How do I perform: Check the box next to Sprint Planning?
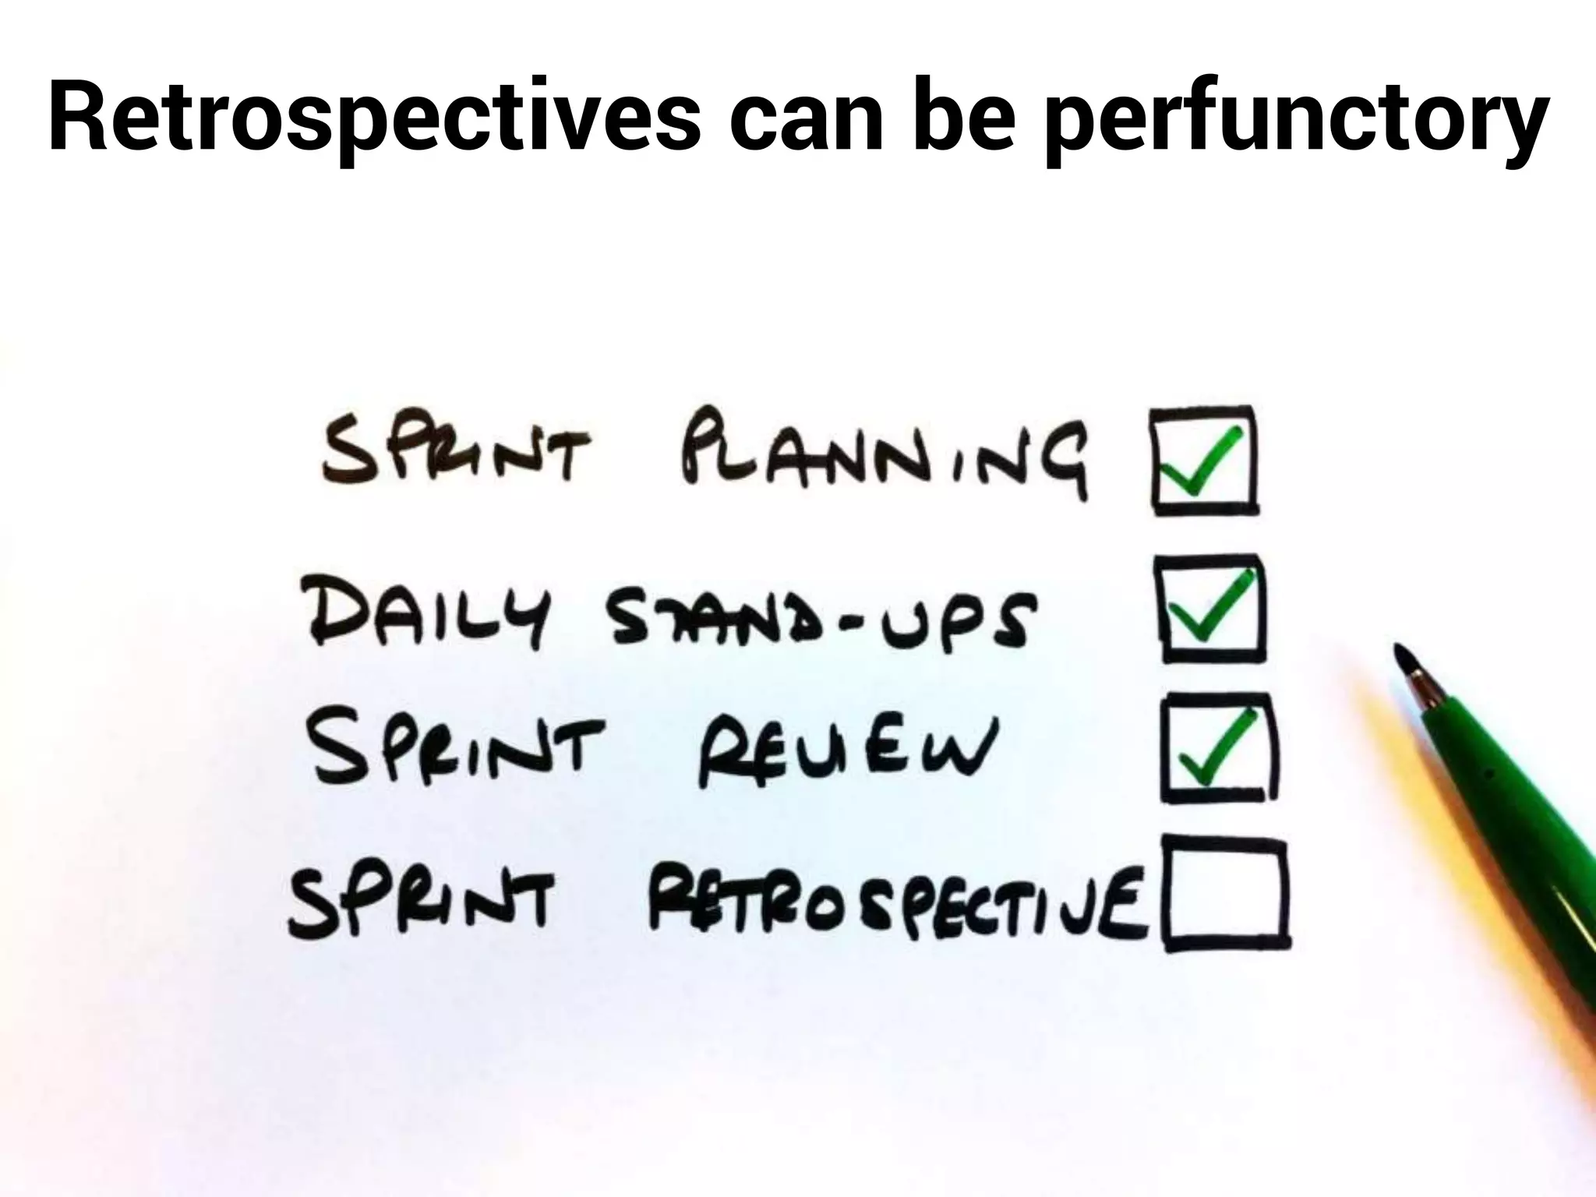point(1204,460)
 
